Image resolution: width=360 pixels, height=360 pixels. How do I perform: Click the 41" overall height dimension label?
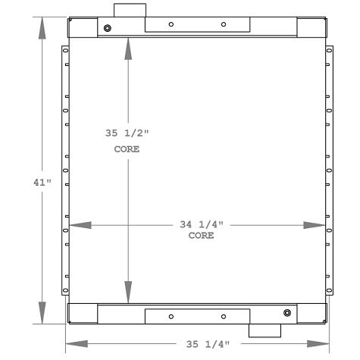tap(42, 182)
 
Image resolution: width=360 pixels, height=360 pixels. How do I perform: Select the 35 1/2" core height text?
tap(127, 133)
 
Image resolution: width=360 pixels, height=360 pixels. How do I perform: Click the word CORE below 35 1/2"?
tap(127, 149)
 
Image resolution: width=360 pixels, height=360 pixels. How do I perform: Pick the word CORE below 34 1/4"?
tap(201, 236)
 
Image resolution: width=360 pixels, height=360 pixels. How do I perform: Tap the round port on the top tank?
tap(108, 29)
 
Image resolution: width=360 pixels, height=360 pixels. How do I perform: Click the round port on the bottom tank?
tap(286, 313)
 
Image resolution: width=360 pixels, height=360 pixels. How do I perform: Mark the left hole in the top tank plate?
tap(171, 24)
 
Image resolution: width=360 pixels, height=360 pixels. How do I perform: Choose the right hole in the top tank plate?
tap(224, 24)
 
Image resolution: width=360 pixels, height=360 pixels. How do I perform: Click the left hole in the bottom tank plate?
tap(171, 316)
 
